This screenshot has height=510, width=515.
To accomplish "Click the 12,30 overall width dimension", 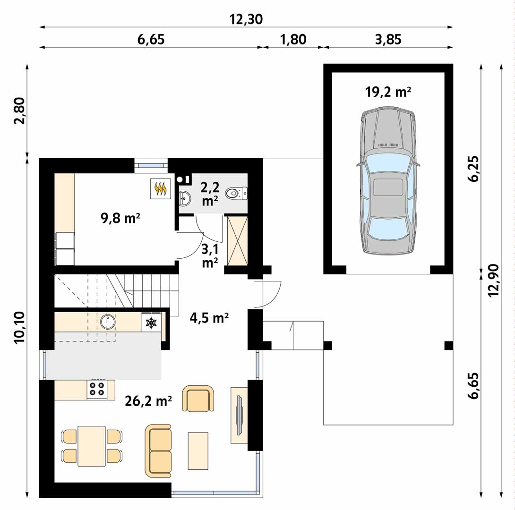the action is pos(246,19).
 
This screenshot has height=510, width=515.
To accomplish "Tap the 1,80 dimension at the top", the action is pos(293,39).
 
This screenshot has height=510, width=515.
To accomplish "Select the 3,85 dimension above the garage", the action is pos(388,39).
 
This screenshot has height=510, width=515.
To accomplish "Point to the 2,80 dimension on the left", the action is pos(19,110).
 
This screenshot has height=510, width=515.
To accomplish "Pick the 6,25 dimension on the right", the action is pos(473,169).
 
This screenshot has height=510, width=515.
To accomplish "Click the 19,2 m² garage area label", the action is pos(388,92).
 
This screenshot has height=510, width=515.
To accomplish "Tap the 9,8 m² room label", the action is pos(120,218).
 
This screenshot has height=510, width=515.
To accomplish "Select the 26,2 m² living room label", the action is pos(148,401).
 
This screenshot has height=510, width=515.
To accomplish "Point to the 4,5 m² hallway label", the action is pos(209,318).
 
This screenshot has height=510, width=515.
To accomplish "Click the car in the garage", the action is pos(388,180).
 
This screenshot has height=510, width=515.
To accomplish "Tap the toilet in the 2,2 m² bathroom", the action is pos(236,193).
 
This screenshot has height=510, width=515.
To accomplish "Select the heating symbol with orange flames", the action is pos(161,188).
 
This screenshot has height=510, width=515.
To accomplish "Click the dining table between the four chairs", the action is pos(92,446).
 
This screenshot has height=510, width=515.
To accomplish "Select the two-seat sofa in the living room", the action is pos(158,450).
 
